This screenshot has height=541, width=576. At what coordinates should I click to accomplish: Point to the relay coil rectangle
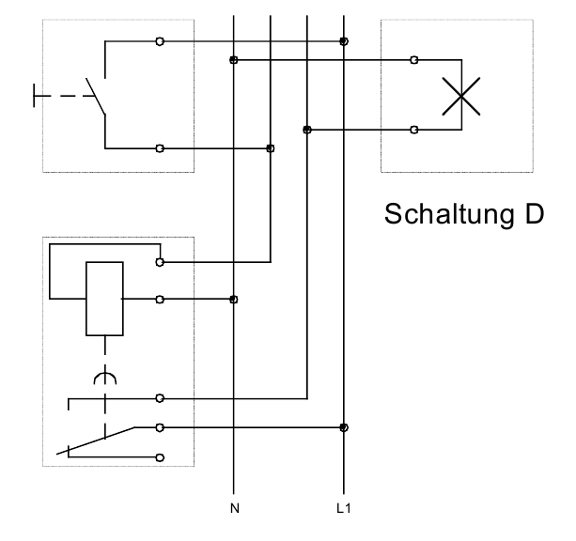(x=103, y=300)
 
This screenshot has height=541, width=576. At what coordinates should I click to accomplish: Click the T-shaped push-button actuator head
(x=36, y=96)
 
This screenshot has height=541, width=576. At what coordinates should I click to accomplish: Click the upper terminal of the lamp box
(x=414, y=61)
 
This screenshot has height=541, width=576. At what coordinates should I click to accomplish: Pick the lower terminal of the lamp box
(x=414, y=130)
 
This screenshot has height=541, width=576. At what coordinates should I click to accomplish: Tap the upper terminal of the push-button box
(x=160, y=41)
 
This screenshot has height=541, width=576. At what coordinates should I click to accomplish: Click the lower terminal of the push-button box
(x=160, y=148)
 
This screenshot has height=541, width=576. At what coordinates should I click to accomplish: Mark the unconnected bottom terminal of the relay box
(x=160, y=457)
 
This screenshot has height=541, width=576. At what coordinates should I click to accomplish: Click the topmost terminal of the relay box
(x=160, y=263)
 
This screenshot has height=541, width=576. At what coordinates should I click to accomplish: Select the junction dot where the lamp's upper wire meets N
(x=233, y=61)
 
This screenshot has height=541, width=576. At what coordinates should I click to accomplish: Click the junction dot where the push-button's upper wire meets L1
(x=344, y=41)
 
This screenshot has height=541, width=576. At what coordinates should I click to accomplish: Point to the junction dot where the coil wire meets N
(x=233, y=300)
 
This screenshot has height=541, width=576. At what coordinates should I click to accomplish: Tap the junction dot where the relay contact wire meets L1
(x=344, y=427)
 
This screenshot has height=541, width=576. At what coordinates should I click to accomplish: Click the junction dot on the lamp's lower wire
(x=307, y=130)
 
